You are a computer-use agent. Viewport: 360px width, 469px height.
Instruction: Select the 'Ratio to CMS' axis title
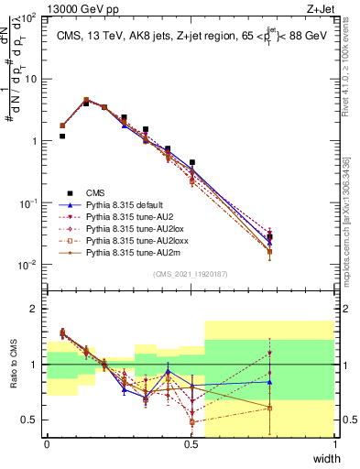(x=11, y=365)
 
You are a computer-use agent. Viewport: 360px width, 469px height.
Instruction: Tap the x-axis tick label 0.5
(x=191, y=444)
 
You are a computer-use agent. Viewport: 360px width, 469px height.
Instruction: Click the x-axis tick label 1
(x=335, y=444)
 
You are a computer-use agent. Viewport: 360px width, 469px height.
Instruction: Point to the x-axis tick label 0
(x=47, y=444)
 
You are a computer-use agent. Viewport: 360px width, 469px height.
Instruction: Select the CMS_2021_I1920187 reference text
(x=191, y=275)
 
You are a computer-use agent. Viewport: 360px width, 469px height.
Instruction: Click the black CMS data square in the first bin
(x=61, y=136)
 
